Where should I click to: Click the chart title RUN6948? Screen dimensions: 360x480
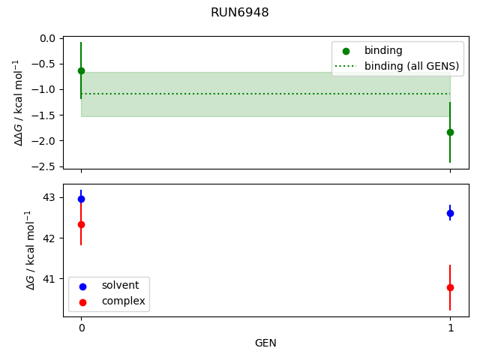pyautogui.click(x=240, y=13)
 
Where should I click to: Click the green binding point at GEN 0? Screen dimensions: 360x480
pyautogui.click(x=81, y=70)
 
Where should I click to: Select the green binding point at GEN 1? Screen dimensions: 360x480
pyautogui.click(x=450, y=132)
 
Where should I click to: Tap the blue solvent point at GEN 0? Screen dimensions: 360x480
pyautogui.click(x=81, y=199)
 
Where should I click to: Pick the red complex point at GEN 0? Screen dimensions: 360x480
pyautogui.click(x=81, y=224)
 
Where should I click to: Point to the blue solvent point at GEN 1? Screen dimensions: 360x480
pyautogui.click(x=450, y=213)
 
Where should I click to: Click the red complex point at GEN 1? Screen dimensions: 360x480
pyautogui.click(x=450, y=287)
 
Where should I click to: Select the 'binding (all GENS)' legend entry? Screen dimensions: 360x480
pyautogui.click(x=412, y=66)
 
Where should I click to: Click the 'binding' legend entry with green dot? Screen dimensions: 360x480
pyautogui.click(x=383, y=51)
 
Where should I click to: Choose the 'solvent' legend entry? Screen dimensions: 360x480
pyautogui.click(x=120, y=286)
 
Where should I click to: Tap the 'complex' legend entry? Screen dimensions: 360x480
pyautogui.click(x=123, y=301)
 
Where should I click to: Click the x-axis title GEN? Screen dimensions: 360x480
pyautogui.click(x=265, y=343)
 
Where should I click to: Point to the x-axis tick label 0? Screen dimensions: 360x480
pyautogui.click(x=81, y=328)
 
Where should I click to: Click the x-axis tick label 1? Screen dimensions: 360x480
pyautogui.click(x=450, y=328)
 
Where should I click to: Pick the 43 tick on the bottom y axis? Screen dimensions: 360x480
pyautogui.click(x=49, y=197)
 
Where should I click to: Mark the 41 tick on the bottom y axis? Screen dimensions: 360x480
pyautogui.click(x=49, y=279)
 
